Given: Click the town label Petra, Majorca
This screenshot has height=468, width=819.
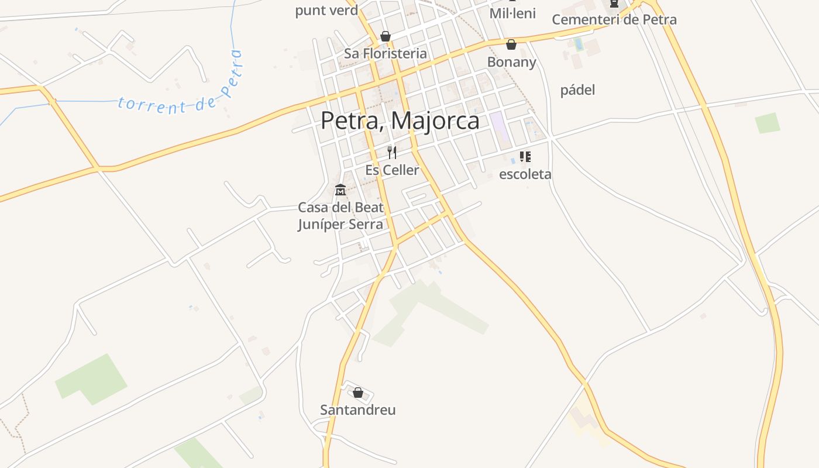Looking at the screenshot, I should [x=400, y=121].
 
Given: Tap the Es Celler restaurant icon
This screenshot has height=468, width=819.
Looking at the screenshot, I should [x=392, y=153].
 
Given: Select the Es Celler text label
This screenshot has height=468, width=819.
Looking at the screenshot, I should [x=392, y=170].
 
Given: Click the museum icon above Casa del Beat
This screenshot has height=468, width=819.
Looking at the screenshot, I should [x=340, y=190].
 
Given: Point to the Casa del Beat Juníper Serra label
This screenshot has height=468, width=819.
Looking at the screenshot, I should [x=340, y=216].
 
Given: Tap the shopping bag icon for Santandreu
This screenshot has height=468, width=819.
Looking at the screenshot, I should [x=358, y=393].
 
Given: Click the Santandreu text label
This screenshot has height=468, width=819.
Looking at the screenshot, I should [x=357, y=410].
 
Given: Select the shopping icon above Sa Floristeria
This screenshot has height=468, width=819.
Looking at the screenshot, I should [x=385, y=36].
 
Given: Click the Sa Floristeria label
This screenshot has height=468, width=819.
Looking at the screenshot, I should [x=385, y=54].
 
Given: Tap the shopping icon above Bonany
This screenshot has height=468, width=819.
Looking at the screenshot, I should [x=511, y=44].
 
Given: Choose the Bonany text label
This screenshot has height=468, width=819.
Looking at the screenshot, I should [x=511, y=62].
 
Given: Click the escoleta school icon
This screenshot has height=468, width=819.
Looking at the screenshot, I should [x=525, y=157].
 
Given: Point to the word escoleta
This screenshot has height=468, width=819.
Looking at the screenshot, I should [x=525, y=174].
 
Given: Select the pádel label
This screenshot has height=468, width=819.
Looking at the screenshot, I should [x=577, y=90].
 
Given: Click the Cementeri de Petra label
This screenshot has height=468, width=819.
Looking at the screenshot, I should [x=614, y=19].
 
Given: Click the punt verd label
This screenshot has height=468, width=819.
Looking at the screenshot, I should [x=326, y=11].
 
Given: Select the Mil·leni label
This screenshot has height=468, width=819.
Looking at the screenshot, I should [x=512, y=13].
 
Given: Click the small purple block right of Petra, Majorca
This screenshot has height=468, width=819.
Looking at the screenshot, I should [x=500, y=128].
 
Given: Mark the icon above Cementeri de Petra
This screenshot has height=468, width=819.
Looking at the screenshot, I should [x=614, y=4].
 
